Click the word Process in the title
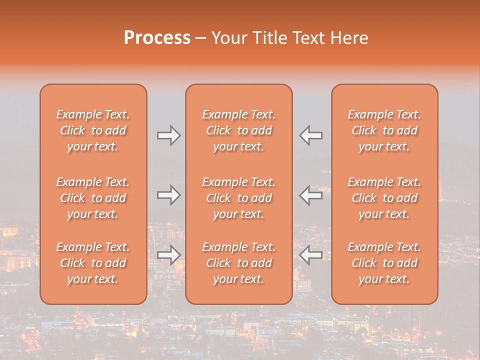tap(157, 37)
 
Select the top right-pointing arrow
tap(168, 135)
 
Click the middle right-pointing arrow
tap(168, 195)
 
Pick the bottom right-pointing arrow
tap(168, 255)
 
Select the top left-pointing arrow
tap(311, 135)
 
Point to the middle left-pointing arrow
tap(311, 195)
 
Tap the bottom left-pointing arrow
tap(311, 255)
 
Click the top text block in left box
tap(93, 130)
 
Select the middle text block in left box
tap(93, 198)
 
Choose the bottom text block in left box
tap(93, 263)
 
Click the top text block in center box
tap(238, 130)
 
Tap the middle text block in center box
tap(238, 198)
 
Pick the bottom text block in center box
tap(238, 263)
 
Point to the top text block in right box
tap(384, 130)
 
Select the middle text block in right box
tap(384, 198)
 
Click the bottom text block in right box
tap(384, 263)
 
